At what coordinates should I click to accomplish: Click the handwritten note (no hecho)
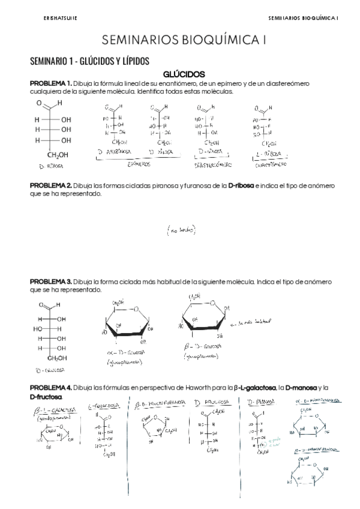click(181, 230)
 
